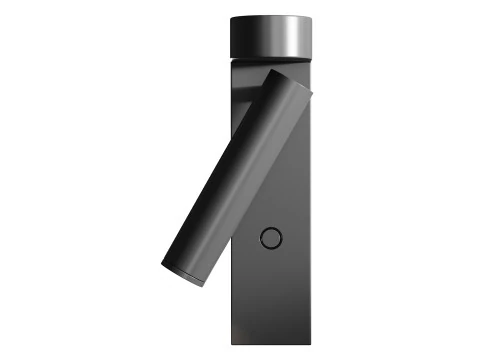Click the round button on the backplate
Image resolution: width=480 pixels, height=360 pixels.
[x=270, y=237]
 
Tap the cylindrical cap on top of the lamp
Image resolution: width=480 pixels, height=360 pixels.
[x=270, y=37]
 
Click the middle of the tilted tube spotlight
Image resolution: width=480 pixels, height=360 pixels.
[x=237, y=177]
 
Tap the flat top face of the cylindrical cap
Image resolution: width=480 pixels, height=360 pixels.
[x=270, y=18]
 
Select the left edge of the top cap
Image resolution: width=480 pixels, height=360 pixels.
[x=230, y=37]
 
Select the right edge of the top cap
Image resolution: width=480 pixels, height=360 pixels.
[x=311, y=37]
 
